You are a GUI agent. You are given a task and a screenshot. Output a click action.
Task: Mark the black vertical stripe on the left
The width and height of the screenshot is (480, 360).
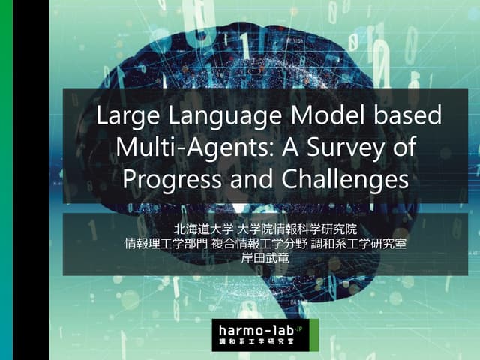31,180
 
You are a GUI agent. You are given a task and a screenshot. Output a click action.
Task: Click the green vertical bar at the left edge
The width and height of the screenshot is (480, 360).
7,180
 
